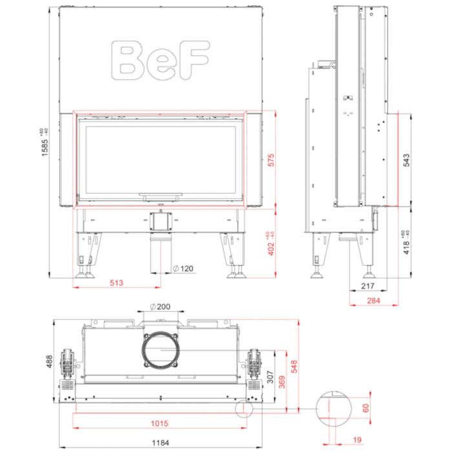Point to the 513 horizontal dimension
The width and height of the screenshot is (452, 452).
(x=117, y=282)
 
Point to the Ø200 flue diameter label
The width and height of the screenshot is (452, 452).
(x=159, y=307)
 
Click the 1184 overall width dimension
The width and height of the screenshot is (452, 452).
(x=159, y=442)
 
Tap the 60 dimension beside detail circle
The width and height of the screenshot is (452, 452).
(x=365, y=408)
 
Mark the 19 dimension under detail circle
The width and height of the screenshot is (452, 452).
(x=358, y=440)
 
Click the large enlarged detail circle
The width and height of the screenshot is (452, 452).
(x=334, y=408)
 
